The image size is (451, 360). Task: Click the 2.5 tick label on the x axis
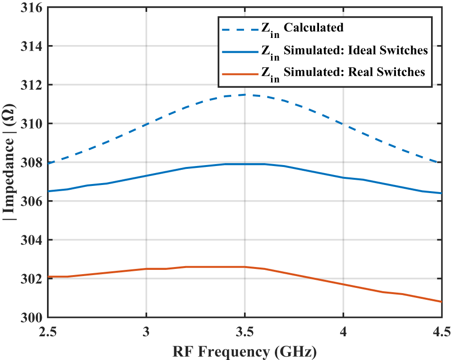[x=48, y=331]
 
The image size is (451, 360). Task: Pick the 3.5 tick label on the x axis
[x=244, y=331]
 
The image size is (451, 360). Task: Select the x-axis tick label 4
[x=343, y=331]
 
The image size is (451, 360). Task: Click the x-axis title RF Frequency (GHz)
[x=245, y=351]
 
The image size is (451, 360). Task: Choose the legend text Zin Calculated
[x=302, y=28]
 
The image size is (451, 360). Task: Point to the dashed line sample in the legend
[x=239, y=28]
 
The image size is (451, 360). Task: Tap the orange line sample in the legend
[x=239, y=72]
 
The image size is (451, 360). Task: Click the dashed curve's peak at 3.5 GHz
[x=244, y=94]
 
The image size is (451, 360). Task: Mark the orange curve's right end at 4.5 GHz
[x=442, y=302]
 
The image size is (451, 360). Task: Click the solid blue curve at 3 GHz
[x=146, y=175]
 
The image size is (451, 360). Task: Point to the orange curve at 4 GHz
[x=343, y=284]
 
